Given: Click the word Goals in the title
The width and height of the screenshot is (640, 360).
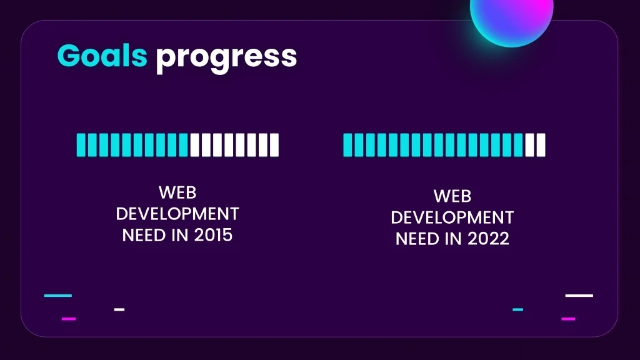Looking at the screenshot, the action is point(102,56).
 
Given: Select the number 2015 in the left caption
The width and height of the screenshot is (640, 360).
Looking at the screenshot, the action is point(213,235).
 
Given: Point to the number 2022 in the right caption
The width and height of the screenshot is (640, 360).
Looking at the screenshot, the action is point(488,239).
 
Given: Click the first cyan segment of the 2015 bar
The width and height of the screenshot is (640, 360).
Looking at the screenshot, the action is point(81,145).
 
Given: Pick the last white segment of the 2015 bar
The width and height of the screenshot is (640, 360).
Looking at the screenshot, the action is point(274,145).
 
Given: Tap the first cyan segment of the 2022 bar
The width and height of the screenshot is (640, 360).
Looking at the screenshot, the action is point(347,145).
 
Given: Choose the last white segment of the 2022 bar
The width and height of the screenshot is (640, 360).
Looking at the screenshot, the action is point(541,145).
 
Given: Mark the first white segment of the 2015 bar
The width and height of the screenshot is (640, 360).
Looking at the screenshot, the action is point(195,145).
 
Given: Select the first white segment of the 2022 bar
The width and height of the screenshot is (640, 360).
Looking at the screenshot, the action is point(529,145).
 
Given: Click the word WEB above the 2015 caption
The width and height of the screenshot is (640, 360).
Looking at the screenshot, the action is point(177,192).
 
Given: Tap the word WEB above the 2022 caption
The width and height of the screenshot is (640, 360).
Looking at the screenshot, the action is point(452,196).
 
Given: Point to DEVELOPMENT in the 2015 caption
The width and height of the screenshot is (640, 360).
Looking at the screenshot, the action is point(177,214).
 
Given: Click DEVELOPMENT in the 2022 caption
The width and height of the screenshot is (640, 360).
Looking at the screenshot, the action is point(452,217).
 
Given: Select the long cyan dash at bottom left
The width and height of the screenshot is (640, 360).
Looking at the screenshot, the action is point(58,296).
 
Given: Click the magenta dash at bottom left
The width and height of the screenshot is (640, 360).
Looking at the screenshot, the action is point(69,319).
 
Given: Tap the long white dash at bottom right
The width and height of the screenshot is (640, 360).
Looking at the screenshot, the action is point(579,296).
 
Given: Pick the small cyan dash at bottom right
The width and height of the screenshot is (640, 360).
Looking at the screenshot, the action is point(518,309).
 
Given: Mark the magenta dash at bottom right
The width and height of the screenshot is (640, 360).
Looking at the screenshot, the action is point(568,319).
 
